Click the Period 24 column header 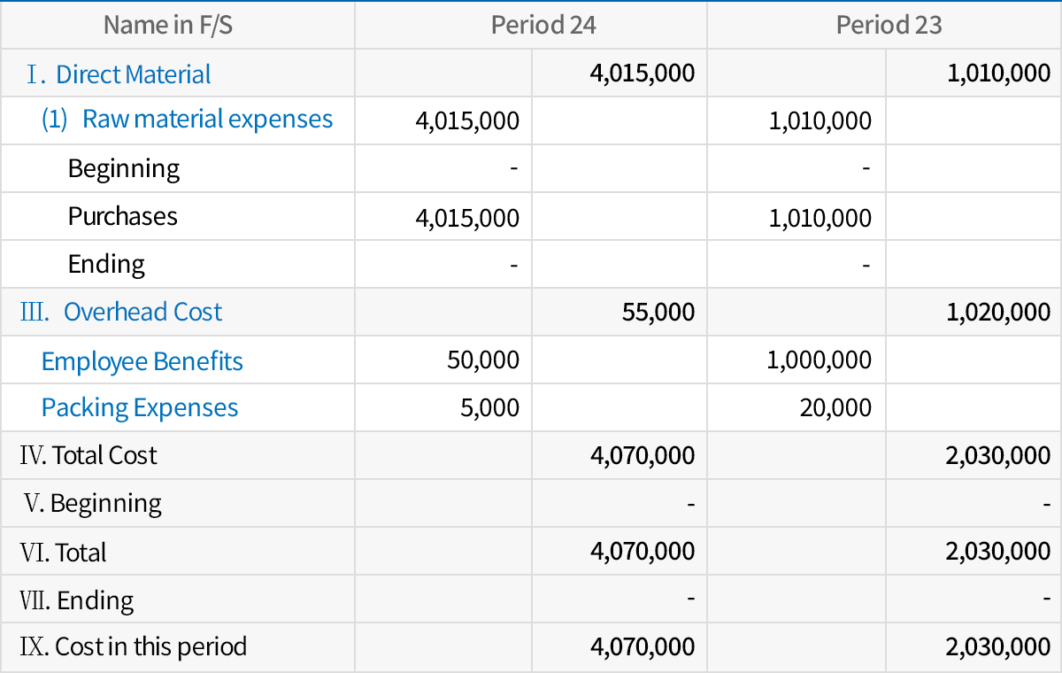[543, 25]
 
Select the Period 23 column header [889, 25]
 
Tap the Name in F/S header [168, 25]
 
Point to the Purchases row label [122, 217]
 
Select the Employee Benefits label [142, 361]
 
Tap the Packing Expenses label [140, 408]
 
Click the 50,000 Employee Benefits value [484, 360]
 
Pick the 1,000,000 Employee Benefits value [820, 360]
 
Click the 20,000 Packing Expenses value [835, 408]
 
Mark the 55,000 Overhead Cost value [658, 312]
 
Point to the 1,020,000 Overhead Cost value [998, 312]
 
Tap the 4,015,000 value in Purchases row [467, 218]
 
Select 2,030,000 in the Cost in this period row [997, 647]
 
